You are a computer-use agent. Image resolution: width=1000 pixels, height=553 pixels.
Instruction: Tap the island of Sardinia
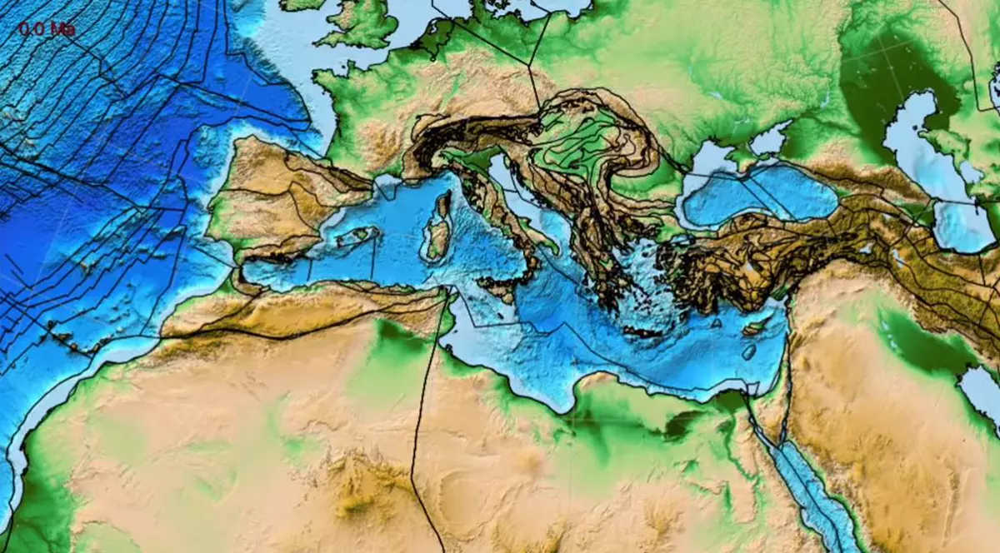click(x=436, y=241)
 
